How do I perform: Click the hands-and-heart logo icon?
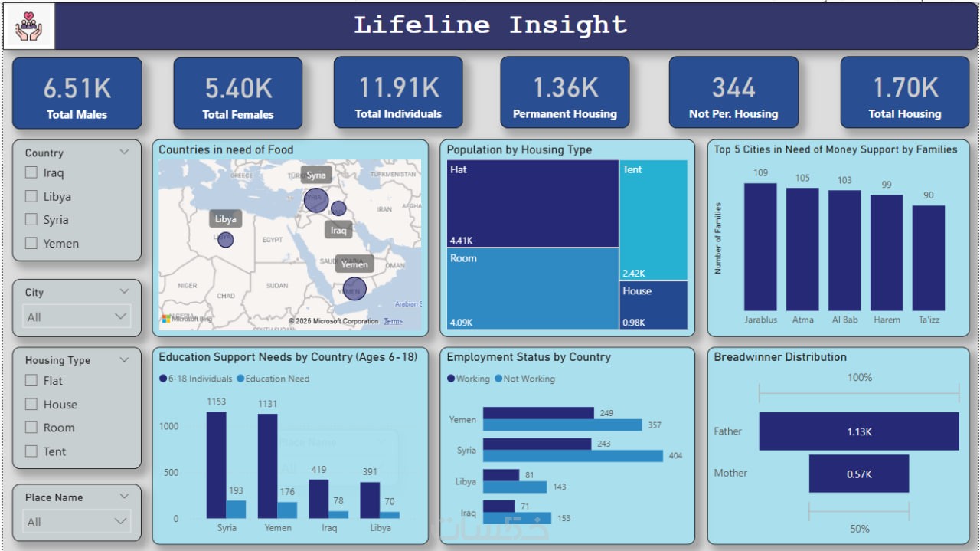29,27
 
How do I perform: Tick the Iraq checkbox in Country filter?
31,172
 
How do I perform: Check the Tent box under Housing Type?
31,451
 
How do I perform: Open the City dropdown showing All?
77,316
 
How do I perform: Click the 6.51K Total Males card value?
77,88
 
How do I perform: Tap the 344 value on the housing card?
733,88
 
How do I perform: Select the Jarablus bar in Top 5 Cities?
760,246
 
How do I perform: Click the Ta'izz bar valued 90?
928,257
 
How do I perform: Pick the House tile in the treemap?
653,304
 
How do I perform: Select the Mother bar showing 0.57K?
859,474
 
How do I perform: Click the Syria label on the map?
316,175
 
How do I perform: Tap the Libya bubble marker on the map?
225,239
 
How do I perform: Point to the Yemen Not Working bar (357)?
562,425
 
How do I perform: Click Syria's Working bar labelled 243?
537,444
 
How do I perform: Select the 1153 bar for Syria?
216,465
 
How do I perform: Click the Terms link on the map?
393,321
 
